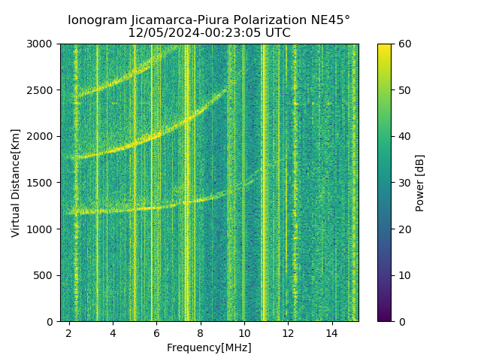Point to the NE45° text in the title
coord(331,20)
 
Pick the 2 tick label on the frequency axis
coord(69,332)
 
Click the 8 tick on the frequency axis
coord(200,332)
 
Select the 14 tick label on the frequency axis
coord(331,332)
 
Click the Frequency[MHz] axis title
coord(209,347)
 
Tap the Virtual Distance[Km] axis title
coord(16,183)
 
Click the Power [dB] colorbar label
coord(420,183)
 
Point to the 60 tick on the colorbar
coord(404,44)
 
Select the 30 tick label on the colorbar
coord(404,183)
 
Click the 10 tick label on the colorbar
coord(404,275)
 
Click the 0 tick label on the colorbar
coord(401,322)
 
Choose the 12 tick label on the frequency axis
coord(288,332)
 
